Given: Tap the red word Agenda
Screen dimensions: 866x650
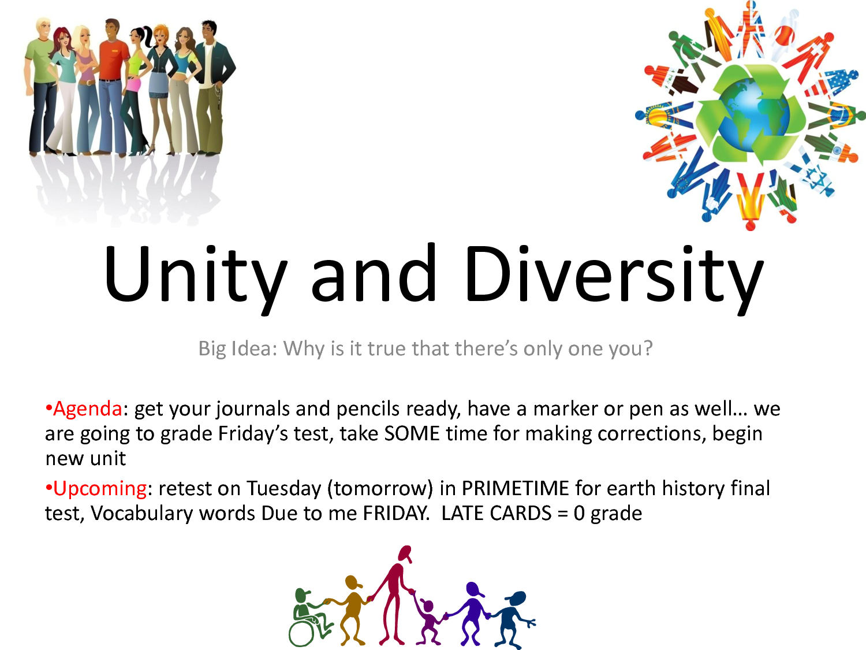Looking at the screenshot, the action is (88, 409).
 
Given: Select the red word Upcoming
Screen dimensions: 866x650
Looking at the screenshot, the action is (100, 489).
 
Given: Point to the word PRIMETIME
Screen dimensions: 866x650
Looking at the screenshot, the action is (515, 488).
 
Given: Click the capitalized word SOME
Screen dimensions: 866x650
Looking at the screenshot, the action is (412, 434).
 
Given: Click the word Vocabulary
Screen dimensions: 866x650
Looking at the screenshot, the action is (141, 514).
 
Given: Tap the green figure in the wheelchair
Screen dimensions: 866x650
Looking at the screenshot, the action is (309, 618).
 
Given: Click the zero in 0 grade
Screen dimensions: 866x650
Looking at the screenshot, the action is (579, 514).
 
